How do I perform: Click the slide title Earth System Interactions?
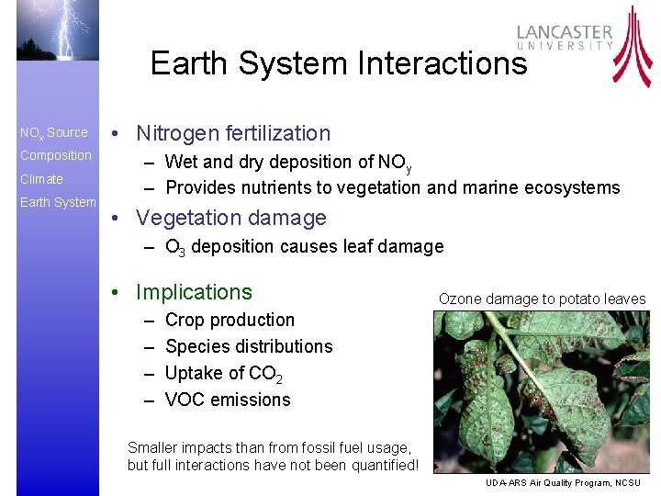click(x=339, y=63)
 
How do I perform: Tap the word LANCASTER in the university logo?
click(x=564, y=31)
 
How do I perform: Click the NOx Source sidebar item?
click(x=54, y=133)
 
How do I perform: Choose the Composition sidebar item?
click(x=56, y=155)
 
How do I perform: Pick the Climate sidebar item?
click(x=41, y=179)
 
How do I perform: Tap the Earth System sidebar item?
click(x=58, y=202)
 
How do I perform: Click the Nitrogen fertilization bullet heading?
click(x=232, y=133)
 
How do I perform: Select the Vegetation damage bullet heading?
click(x=230, y=219)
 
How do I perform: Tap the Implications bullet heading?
click(x=193, y=292)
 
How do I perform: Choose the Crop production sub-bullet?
click(x=230, y=321)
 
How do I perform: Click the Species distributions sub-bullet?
click(x=248, y=346)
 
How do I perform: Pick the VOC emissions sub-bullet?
click(x=227, y=400)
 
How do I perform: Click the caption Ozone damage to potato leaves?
click(x=542, y=299)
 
